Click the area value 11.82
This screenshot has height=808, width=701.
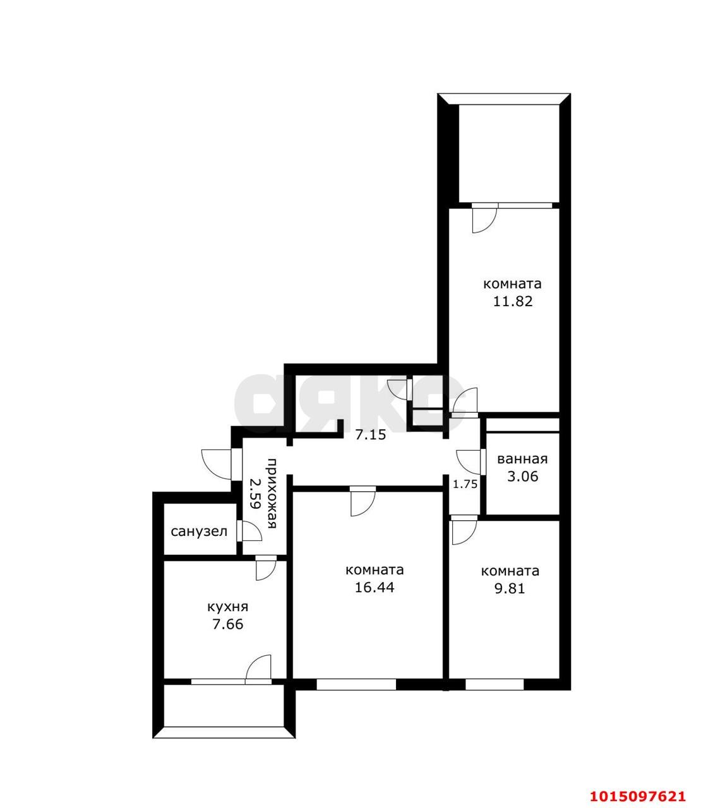point(512,302)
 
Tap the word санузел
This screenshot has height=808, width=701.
point(199,532)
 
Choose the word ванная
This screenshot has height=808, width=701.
point(522,459)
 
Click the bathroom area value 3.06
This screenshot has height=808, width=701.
point(523,477)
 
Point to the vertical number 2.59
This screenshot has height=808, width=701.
point(255,494)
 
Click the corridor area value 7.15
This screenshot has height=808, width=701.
point(371,435)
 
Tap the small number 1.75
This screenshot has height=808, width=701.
point(465,485)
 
